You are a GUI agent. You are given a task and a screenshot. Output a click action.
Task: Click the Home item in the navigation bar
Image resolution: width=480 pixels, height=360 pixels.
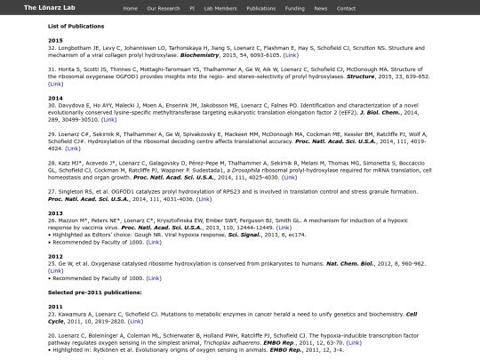coord(131,7)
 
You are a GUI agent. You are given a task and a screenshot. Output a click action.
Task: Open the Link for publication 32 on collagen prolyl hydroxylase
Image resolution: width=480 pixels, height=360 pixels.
coord(290,54)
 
